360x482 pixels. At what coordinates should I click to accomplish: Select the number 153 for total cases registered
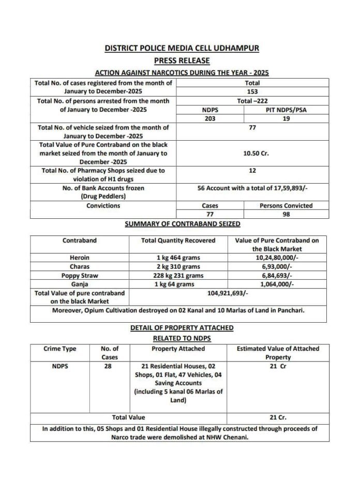[252, 91]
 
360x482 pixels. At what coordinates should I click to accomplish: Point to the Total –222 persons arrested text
[252, 100]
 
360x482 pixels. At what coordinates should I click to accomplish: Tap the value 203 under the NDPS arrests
[209, 118]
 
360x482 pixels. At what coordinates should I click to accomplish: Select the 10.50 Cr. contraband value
[252, 154]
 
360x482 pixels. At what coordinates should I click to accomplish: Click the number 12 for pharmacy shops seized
[252, 170]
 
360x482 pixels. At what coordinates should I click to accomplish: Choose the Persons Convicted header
[286, 205]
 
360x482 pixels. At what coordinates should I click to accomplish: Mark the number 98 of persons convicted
[286, 214]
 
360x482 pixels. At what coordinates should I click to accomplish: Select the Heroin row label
[80, 257]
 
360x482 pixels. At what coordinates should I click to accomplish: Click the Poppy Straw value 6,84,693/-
[277, 275]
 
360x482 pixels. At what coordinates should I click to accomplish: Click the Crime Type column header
[59, 349]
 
